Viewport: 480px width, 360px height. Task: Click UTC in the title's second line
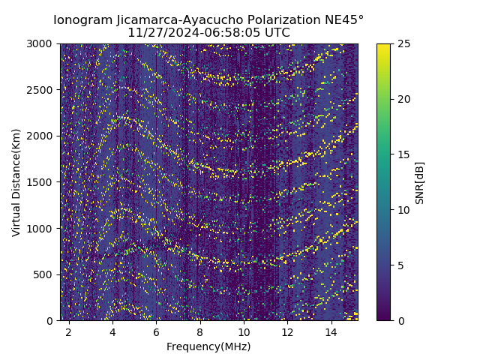[x=276, y=33]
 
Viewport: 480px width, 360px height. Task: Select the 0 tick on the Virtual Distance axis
[x=51, y=321]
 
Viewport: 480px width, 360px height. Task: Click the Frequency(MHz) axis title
[x=208, y=346]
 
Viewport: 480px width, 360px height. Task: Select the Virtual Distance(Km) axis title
[x=16, y=182]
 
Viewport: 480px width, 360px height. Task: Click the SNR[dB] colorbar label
[x=420, y=182]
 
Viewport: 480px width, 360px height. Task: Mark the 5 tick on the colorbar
[x=400, y=265]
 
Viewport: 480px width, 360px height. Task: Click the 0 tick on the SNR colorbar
[x=400, y=321]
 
